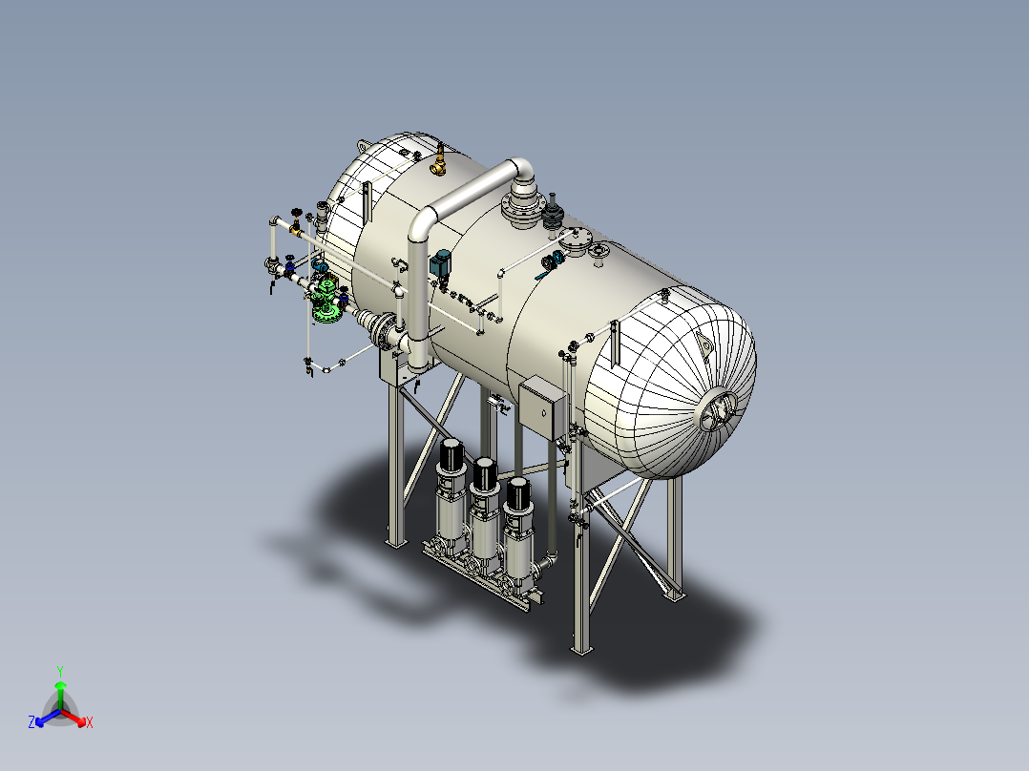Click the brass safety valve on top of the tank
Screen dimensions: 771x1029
tap(439, 161)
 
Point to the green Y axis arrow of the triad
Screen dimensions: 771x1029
tap(60, 686)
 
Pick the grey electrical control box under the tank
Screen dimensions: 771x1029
tap(541, 406)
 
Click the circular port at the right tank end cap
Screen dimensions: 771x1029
tap(719, 412)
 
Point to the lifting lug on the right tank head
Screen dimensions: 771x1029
tap(705, 344)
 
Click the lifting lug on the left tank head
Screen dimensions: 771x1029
tap(366, 144)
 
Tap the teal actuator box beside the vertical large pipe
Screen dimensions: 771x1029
tap(441, 263)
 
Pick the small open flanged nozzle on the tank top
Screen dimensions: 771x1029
tap(598, 252)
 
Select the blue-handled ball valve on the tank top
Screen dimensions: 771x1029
tap(549, 264)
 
